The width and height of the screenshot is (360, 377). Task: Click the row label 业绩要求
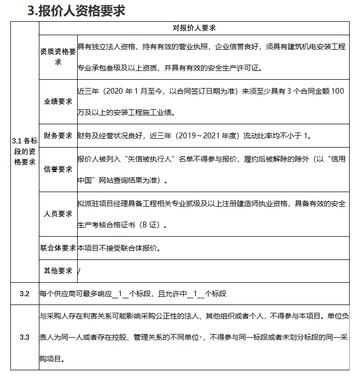coord(58,102)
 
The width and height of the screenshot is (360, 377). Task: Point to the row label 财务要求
coord(58,136)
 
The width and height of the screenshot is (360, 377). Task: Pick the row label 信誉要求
coord(58,169)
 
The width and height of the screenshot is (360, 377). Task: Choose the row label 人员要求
coord(58,213)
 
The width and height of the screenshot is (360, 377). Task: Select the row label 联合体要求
coord(58,248)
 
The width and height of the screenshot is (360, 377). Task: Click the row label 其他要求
coord(58,270)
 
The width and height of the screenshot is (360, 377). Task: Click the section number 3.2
coord(25,294)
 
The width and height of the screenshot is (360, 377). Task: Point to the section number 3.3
coord(25,337)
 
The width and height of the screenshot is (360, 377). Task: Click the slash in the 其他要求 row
coord(79,271)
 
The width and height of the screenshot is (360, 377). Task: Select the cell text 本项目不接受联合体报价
coord(118,248)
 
